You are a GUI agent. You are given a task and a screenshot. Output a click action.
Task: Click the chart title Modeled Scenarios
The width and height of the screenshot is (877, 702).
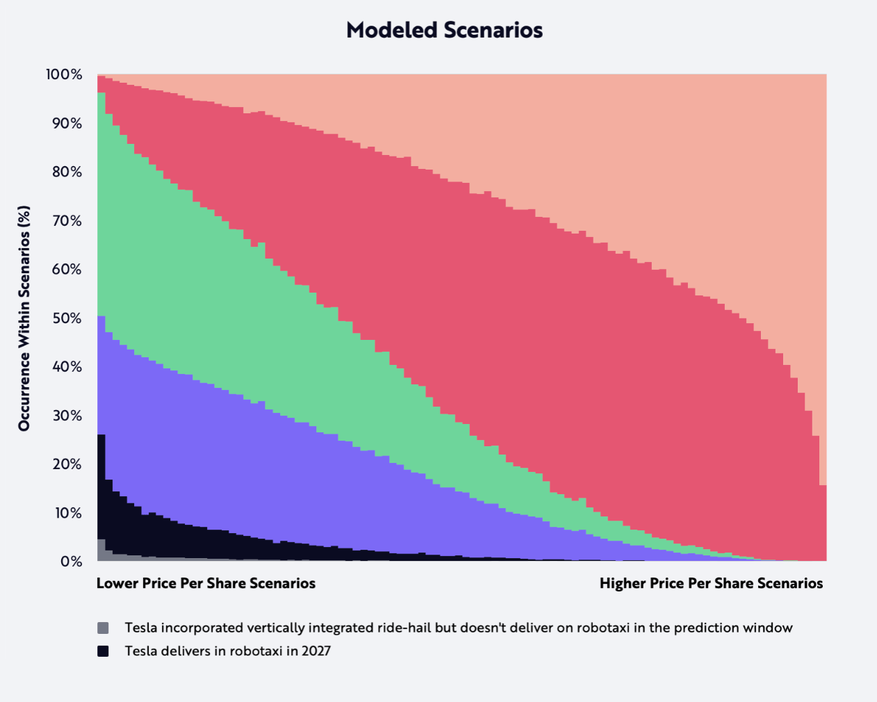pos(444,30)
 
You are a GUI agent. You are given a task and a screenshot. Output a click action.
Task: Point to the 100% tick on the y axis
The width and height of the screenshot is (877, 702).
pos(64,74)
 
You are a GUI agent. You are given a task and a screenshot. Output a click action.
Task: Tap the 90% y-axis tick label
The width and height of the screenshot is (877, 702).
pos(67,124)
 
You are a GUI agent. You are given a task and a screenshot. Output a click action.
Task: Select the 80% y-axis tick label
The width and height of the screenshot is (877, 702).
pos(67,172)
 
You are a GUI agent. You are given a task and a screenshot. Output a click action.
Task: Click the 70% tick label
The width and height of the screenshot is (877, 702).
pos(67,221)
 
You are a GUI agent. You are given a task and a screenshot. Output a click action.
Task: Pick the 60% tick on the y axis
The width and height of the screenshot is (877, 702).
pos(67,270)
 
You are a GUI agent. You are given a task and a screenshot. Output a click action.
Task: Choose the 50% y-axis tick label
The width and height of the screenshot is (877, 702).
pos(67,318)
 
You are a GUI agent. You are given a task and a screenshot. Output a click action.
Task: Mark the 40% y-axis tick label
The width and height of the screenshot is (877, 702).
pos(67,367)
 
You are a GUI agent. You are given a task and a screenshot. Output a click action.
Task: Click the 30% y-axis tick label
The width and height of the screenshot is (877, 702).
pos(67,416)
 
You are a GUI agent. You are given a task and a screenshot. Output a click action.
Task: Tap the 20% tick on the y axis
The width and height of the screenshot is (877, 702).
pos(67,464)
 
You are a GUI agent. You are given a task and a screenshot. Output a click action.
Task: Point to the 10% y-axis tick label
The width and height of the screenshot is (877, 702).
pos(68,513)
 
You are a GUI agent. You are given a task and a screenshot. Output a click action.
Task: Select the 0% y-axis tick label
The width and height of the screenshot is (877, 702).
pos(72,562)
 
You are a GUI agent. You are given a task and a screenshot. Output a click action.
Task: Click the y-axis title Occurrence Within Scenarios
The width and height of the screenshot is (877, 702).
pos(24,318)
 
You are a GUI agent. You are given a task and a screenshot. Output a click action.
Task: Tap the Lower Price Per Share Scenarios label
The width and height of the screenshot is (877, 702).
pos(206,583)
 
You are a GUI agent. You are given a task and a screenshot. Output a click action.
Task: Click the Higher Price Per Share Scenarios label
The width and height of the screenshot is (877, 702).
pos(711,583)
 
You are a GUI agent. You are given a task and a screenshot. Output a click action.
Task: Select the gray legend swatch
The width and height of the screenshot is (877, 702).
pos(103,628)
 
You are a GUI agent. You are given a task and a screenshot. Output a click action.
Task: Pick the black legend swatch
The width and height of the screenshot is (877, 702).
pos(103,651)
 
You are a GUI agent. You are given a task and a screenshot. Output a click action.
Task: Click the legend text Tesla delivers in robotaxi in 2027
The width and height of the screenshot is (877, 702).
pos(228,651)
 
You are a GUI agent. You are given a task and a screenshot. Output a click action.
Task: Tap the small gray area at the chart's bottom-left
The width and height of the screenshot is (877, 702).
pos(101,550)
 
